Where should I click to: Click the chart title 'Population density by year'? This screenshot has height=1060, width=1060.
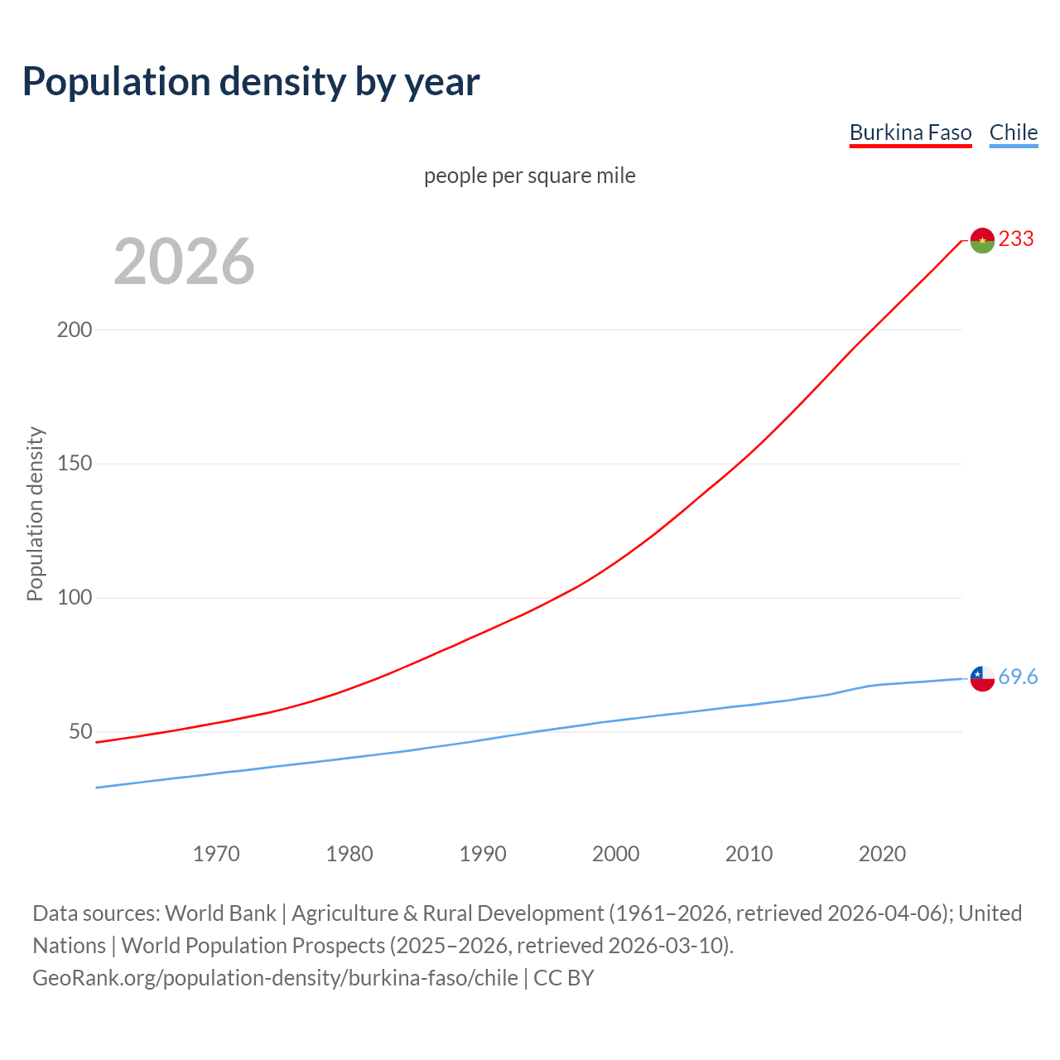[251, 82]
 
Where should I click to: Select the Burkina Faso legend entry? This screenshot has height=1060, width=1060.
[910, 132]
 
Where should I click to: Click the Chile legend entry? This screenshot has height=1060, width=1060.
[1013, 132]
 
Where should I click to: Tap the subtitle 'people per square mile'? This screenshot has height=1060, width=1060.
[529, 176]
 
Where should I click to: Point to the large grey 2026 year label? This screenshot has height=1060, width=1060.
[184, 262]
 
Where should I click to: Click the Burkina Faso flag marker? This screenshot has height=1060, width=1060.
[982, 240]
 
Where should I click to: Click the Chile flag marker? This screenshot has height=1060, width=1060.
[982, 678]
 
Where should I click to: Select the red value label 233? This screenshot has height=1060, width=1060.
[1016, 239]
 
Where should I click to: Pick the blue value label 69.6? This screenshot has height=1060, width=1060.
[1018, 677]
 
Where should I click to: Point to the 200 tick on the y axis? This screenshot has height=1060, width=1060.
[75, 330]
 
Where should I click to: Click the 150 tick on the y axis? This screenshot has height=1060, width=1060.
[75, 464]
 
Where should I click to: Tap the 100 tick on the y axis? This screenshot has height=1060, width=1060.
[75, 598]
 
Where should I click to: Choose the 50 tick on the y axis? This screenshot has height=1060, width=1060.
[80, 732]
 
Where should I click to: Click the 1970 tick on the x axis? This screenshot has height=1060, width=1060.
[216, 854]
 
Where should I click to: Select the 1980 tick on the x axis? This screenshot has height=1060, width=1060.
[349, 854]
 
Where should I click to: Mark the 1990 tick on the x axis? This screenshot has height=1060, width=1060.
[483, 854]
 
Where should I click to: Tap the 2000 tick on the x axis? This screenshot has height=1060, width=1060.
[615, 854]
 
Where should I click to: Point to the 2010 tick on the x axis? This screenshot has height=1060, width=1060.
[749, 854]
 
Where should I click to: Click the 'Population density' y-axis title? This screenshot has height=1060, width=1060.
[35, 513]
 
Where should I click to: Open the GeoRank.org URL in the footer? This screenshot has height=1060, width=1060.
[275, 978]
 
